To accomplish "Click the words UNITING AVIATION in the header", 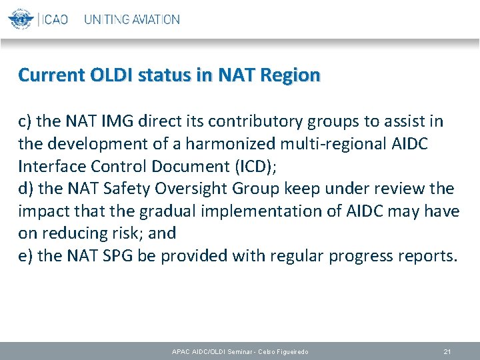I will (132, 19).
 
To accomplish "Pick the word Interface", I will (48, 166).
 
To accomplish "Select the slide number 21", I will (447, 351).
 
